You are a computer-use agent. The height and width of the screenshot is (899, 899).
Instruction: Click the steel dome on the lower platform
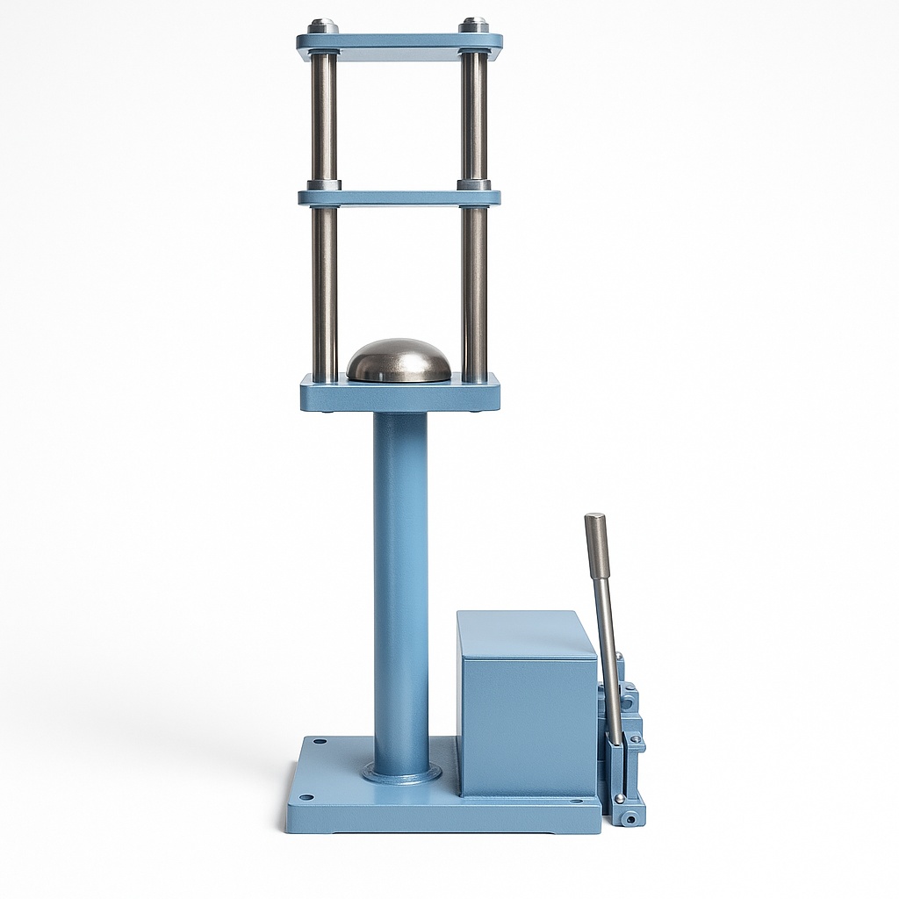click(x=399, y=361)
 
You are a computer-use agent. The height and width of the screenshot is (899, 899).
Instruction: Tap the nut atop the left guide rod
click(x=323, y=26)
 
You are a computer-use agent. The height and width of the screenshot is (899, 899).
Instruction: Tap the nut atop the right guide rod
click(x=474, y=25)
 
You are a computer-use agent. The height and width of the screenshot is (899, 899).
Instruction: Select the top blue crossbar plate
click(x=399, y=41)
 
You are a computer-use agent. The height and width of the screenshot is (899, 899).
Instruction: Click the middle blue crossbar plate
click(x=399, y=198)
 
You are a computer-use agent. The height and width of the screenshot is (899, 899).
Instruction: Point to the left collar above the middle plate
click(x=324, y=185)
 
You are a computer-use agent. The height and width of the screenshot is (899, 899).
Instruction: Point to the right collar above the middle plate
click(x=474, y=185)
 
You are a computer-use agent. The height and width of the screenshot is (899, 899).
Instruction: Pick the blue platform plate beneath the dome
click(x=399, y=395)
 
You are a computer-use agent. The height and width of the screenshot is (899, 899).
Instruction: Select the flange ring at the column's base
click(x=401, y=773)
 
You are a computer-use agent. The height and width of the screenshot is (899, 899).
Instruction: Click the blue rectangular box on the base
click(x=527, y=702)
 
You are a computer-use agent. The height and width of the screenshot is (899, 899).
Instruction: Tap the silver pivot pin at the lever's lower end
click(x=620, y=798)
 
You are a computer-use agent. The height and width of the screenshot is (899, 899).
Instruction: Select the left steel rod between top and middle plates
click(x=324, y=119)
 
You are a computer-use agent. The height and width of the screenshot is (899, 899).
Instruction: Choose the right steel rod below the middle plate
click(x=474, y=290)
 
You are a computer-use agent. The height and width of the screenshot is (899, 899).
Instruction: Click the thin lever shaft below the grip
click(x=608, y=658)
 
